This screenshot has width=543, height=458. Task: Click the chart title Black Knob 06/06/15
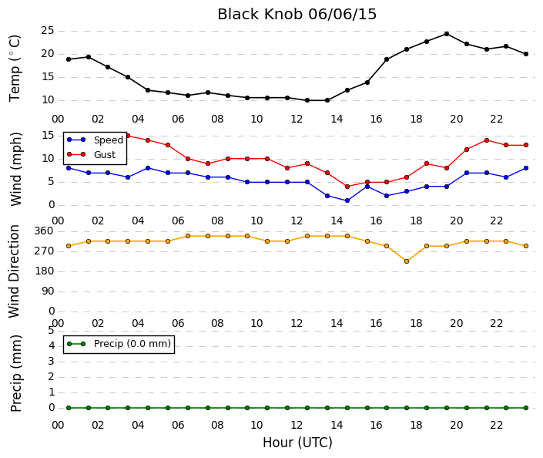(x=297, y=15)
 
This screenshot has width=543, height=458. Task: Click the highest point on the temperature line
(x=447, y=34)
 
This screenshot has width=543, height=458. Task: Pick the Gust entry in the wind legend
(x=91, y=154)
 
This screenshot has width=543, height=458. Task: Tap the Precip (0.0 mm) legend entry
(x=119, y=344)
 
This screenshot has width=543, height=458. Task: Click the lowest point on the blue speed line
(x=347, y=200)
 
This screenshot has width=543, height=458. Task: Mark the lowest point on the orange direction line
(x=407, y=261)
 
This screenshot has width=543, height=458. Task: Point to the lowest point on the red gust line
(x=347, y=187)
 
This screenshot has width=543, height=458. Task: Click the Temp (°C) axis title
(x=15, y=68)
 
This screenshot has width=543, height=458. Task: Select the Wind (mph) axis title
(x=15, y=169)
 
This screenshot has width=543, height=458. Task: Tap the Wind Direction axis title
(x=14, y=271)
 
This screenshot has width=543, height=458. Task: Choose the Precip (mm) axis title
(x=15, y=373)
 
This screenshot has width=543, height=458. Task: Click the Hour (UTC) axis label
(x=297, y=443)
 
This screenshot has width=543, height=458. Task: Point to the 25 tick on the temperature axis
(x=48, y=31)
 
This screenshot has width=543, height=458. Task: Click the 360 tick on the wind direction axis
(x=44, y=231)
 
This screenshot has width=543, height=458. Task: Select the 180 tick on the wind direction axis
(x=44, y=271)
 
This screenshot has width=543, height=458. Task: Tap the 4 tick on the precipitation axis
(x=52, y=345)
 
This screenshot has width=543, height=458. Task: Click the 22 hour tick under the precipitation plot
(x=496, y=425)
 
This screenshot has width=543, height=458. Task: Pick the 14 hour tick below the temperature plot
(x=337, y=120)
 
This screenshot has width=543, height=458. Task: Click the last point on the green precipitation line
(x=526, y=408)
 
